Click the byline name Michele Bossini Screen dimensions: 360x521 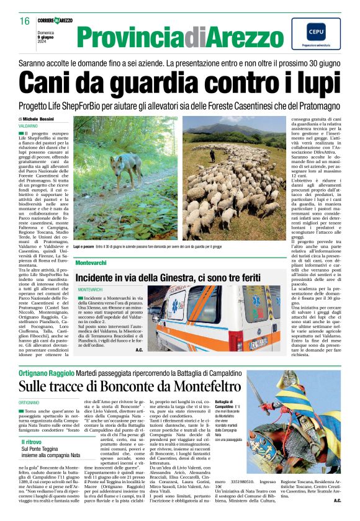40,118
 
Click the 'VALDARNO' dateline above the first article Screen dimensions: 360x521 28,125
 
